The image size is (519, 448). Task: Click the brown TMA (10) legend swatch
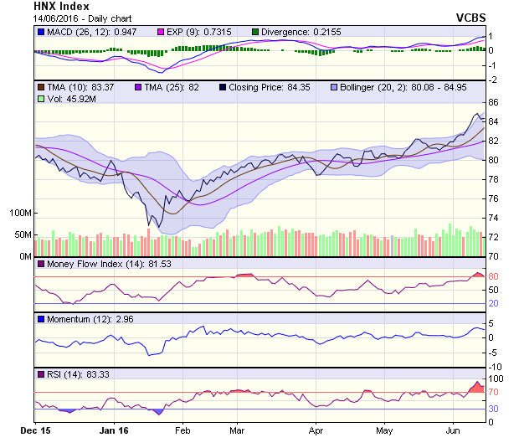(x=41, y=87)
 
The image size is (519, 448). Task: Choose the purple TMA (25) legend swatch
(x=139, y=87)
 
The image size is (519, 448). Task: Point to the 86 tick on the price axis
(x=494, y=102)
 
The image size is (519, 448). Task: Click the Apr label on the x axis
(x=316, y=430)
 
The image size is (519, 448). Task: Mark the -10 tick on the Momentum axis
(x=496, y=366)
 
